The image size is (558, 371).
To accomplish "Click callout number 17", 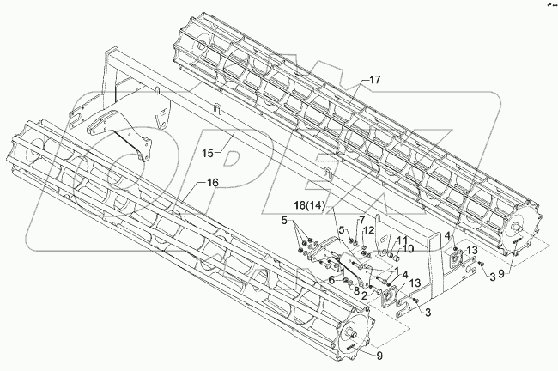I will click(x=374, y=79).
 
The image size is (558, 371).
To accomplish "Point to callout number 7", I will click(x=362, y=221).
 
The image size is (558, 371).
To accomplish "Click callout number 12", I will click(x=367, y=230).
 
